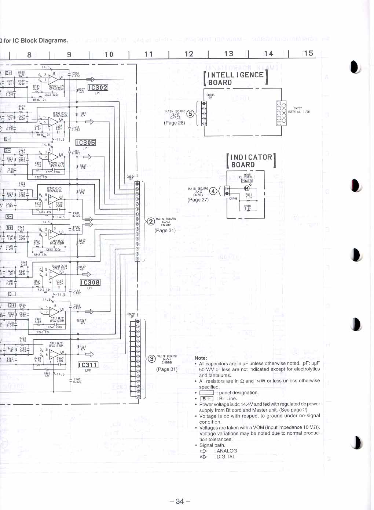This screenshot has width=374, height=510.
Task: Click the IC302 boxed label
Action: coord(98,87)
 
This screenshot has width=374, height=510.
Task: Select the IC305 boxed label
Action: coord(85,142)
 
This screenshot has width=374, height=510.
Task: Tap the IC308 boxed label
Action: coord(90,282)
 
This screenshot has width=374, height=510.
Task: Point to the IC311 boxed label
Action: coord(88,365)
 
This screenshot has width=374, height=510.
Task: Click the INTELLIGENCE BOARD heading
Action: coord(236,79)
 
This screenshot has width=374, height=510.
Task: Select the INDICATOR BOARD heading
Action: coord(251,161)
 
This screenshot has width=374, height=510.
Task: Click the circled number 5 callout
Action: coord(190,114)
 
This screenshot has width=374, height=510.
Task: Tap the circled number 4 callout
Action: coord(213,191)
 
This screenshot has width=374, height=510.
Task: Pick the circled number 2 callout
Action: coord(151,221)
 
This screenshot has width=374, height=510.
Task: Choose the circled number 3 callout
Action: coord(151,359)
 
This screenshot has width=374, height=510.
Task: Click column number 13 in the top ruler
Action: coord(229,54)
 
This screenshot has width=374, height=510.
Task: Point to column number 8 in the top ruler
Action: coord(29,55)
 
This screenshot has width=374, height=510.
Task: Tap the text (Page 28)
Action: coord(175,123)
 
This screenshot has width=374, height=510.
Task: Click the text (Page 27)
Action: coord(198,200)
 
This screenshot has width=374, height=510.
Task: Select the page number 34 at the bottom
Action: coord(180,501)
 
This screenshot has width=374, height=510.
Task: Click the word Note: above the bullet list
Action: coord(201,358)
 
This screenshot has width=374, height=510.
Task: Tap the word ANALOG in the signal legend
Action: coord(227,451)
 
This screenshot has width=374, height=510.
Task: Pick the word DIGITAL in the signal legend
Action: coord(226,457)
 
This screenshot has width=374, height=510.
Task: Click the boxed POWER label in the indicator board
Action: coord(247,181)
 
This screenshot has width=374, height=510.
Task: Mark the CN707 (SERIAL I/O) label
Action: coord(299,110)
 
